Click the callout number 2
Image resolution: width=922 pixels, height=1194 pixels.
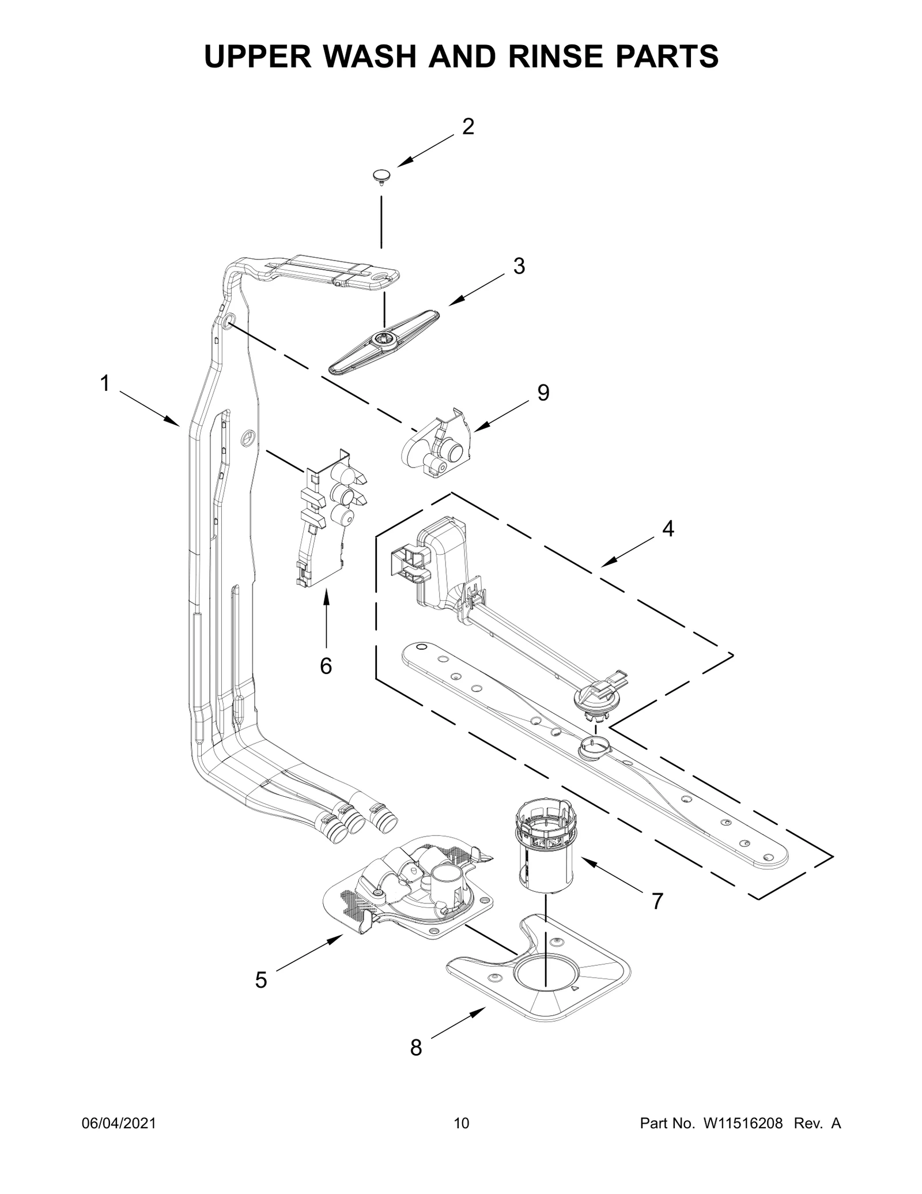pyautogui.click(x=468, y=127)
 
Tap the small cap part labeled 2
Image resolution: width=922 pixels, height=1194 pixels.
pyautogui.click(x=381, y=176)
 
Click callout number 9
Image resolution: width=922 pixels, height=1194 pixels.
pyautogui.click(x=543, y=393)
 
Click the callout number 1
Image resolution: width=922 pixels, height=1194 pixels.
pyautogui.click(x=105, y=383)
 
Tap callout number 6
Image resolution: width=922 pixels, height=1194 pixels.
pyautogui.click(x=326, y=666)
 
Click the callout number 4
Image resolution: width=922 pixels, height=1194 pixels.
pyautogui.click(x=667, y=529)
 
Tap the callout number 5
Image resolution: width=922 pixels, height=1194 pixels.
pyautogui.click(x=261, y=980)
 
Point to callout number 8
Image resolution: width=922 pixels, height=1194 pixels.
pyautogui.click(x=415, y=1048)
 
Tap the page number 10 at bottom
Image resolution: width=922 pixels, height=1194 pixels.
pyautogui.click(x=461, y=1140)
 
